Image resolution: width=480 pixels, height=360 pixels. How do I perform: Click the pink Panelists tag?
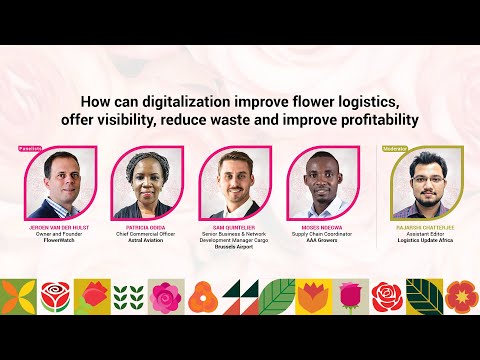click(31, 147)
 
